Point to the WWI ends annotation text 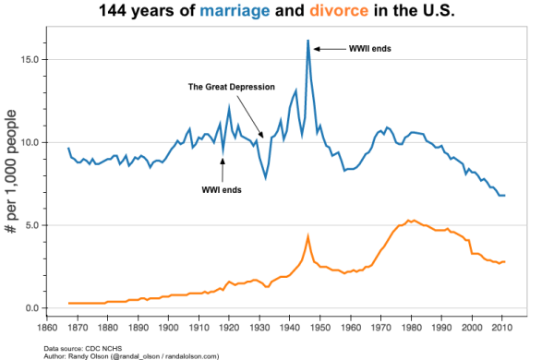click(x=222, y=190)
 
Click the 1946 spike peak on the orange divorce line click(x=307, y=236)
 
